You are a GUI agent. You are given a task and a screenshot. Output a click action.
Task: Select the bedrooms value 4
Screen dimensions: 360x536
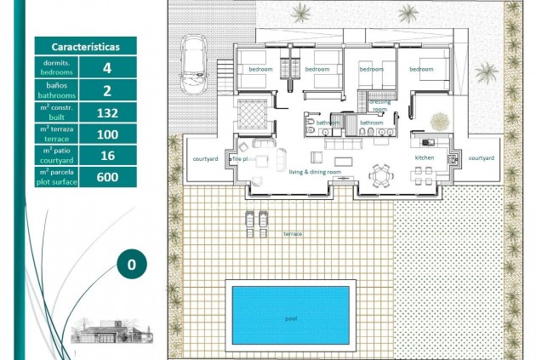point(107,66)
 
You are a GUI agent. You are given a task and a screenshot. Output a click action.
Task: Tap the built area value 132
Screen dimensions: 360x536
point(107,111)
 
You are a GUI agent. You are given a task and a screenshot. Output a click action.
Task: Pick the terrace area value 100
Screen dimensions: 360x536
point(107,133)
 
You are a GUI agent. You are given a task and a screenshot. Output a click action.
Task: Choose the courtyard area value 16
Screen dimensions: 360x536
point(107,155)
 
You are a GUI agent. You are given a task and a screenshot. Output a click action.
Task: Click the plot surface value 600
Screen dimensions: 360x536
point(107,177)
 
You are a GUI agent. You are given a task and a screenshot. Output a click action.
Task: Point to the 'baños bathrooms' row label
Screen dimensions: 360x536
point(56,89)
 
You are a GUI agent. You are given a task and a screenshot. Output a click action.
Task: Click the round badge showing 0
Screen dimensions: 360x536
point(131,264)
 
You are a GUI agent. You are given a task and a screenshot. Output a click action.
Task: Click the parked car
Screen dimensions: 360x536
point(195,66)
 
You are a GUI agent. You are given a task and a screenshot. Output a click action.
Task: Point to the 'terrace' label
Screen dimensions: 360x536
point(293,233)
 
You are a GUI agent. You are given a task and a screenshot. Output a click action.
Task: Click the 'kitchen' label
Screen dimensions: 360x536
point(425,158)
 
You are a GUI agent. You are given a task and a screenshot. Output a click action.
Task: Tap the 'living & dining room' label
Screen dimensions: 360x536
point(315,172)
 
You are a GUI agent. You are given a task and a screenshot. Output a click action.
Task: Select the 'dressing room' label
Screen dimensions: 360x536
point(379,105)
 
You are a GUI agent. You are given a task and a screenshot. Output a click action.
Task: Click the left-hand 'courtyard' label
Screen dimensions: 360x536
point(205,158)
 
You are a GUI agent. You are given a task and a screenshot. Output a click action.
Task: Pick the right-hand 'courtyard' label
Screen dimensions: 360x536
point(481,157)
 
